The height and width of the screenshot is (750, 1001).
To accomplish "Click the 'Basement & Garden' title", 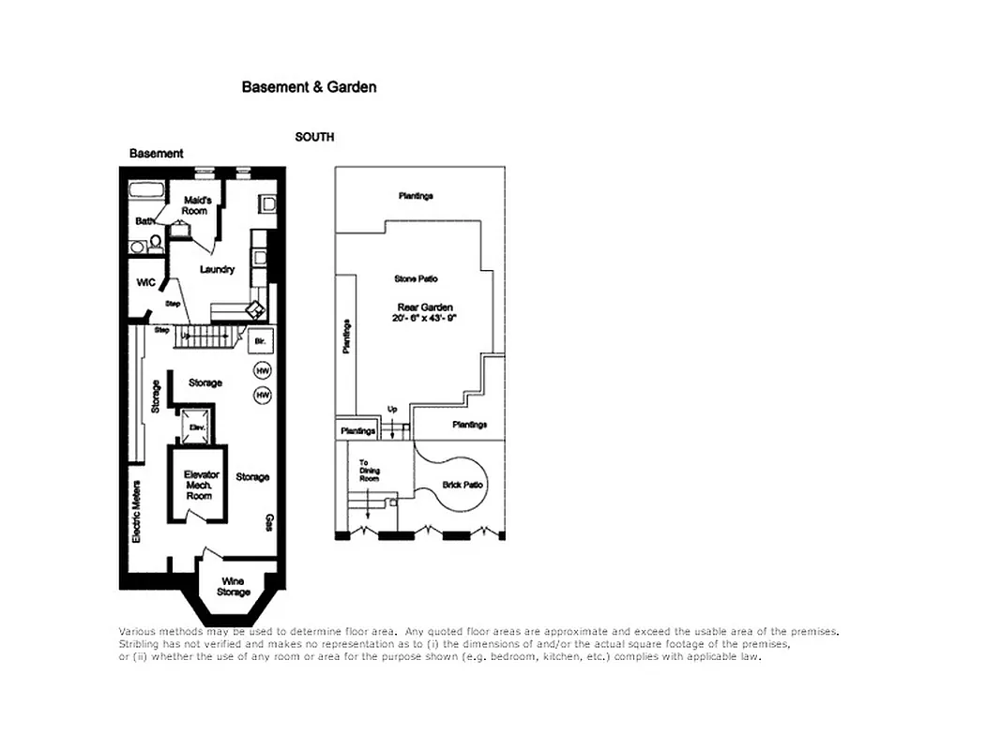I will [309, 87].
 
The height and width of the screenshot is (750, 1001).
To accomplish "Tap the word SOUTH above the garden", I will [314, 137].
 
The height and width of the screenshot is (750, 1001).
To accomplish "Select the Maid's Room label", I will [195, 204].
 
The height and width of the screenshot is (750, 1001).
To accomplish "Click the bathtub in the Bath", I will [146, 192].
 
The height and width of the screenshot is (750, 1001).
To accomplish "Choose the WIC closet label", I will [144, 282].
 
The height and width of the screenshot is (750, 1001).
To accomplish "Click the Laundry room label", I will [217, 270].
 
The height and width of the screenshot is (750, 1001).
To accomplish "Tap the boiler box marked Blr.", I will [261, 341].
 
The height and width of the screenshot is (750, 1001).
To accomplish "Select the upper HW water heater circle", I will [263, 371].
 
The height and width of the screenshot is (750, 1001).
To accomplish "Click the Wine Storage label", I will [233, 587].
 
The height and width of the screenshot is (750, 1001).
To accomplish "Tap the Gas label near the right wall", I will [269, 520].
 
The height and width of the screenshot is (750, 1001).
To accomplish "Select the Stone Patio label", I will [416, 279].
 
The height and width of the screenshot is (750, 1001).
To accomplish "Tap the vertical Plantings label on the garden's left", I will [346, 337].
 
